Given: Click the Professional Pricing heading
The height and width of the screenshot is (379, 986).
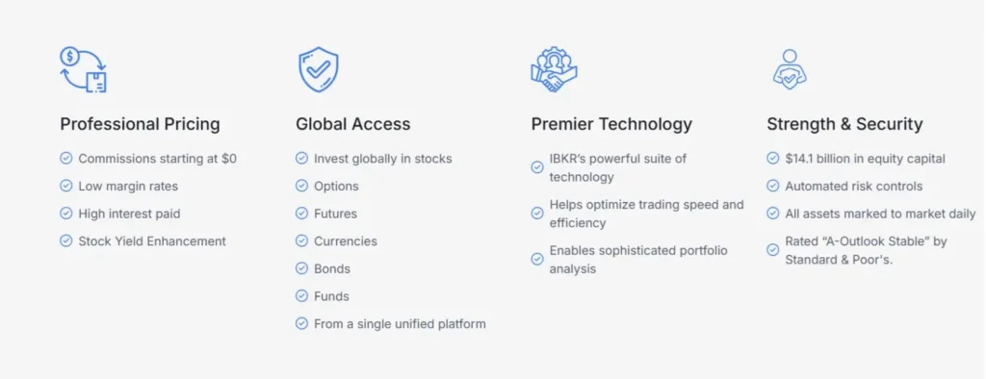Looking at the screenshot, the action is [x=140, y=124].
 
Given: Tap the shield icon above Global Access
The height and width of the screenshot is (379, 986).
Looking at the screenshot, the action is [x=318, y=70].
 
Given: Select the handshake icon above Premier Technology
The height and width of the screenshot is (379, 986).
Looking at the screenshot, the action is [x=554, y=70].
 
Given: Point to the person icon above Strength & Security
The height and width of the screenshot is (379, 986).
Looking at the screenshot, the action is [x=790, y=69].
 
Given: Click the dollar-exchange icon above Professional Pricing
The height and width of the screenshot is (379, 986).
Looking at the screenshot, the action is [x=84, y=70].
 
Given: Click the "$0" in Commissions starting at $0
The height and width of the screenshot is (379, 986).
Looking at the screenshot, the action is [x=229, y=159].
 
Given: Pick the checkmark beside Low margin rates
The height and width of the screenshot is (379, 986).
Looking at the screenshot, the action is [x=66, y=186].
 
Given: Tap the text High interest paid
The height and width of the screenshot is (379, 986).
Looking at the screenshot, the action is [x=130, y=214].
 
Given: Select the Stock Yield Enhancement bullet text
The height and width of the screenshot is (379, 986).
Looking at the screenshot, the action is [x=152, y=241].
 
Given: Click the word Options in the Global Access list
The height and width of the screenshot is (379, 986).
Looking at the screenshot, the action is [x=336, y=187].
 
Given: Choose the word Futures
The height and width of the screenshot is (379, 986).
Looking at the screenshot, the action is [x=336, y=214].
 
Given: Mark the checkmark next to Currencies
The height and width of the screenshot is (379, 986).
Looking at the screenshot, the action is [x=301, y=241].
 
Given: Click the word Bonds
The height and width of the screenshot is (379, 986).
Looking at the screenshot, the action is [x=332, y=269].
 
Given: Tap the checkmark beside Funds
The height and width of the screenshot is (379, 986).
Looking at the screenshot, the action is [x=301, y=296].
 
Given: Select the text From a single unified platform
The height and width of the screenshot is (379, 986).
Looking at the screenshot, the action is [x=400, y=324].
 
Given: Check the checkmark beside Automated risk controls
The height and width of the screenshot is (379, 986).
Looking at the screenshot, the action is [x=773, y=186].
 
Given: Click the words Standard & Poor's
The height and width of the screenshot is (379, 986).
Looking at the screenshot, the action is [x=839, y=260].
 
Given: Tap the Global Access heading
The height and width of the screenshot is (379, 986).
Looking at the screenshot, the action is [x=353, y=124].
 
